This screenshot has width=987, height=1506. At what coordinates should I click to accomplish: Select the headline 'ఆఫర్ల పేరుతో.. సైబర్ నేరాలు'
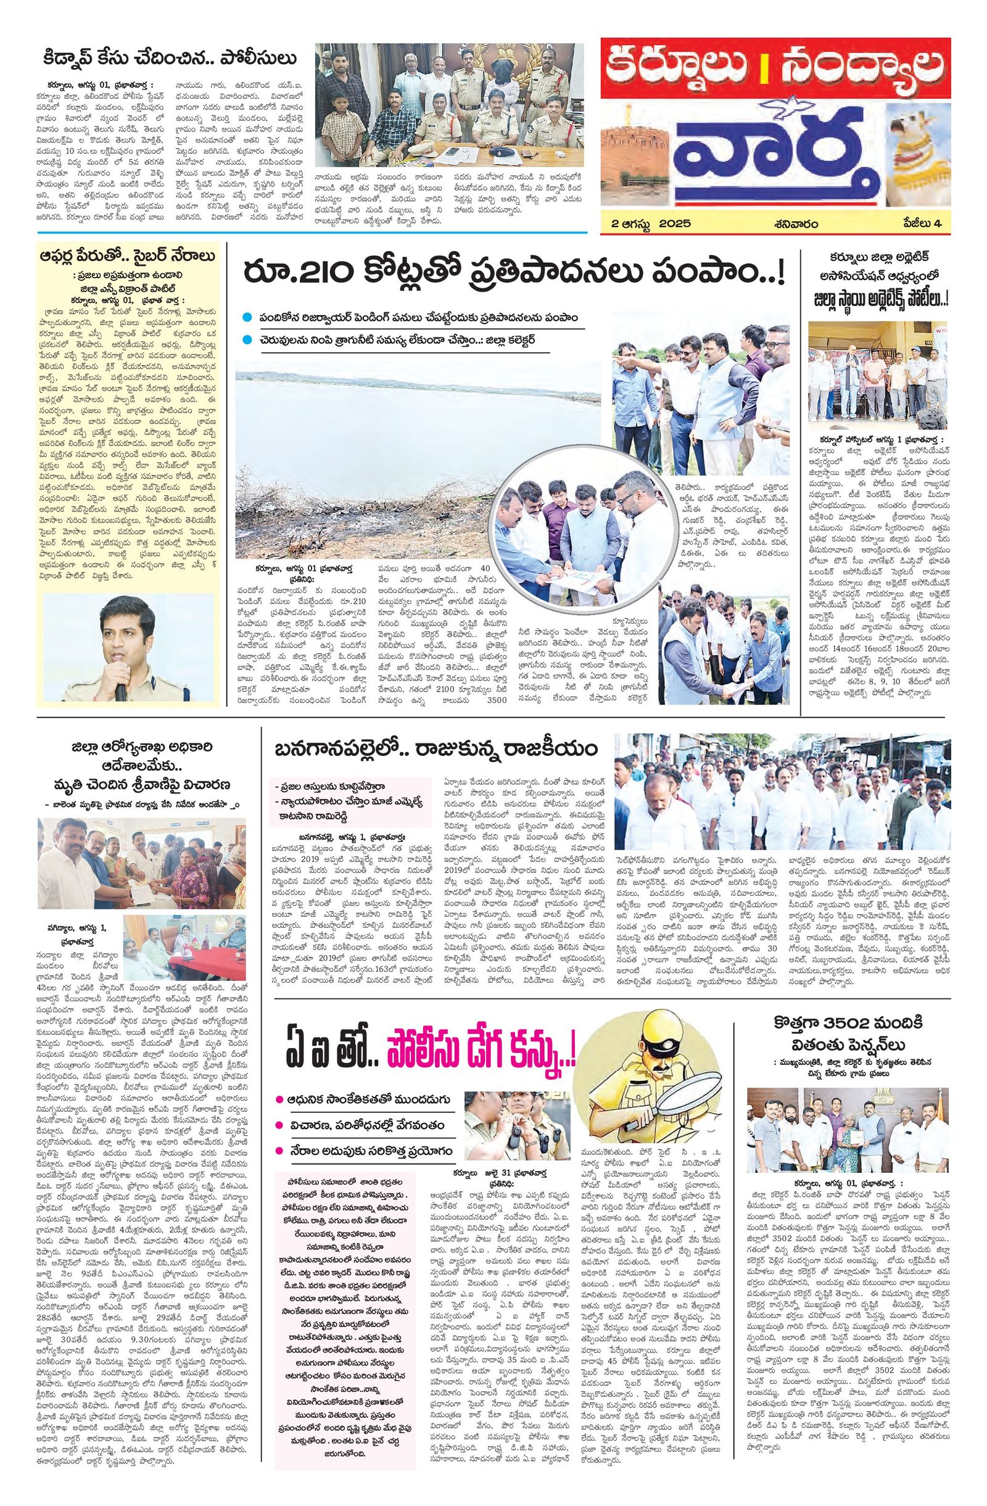pyautogui.click(x=126, y=257)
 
